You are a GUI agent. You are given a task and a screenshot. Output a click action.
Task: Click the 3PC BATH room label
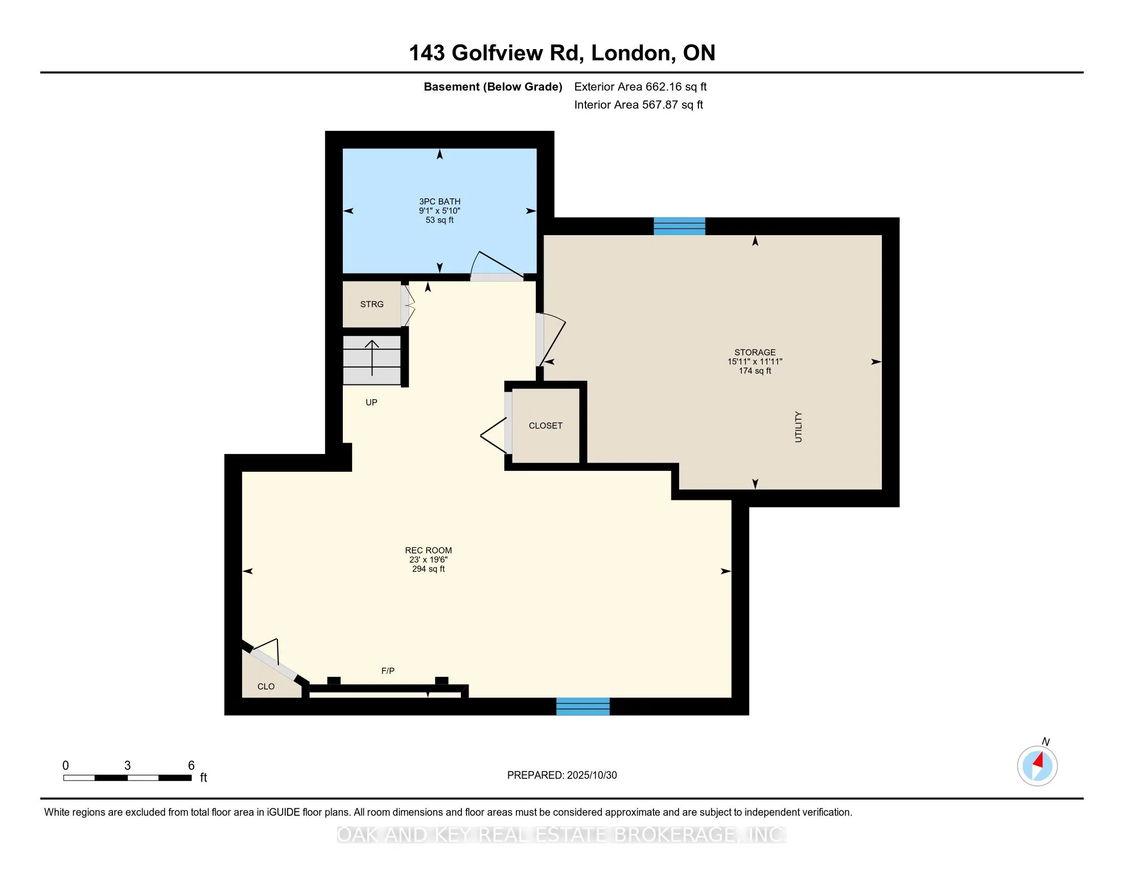click(439, 201)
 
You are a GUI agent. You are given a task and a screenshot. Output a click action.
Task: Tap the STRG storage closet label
click(371, 304)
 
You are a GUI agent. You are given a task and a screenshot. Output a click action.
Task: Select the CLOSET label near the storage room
click(546, 426)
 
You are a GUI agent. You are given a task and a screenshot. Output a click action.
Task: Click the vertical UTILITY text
click(798, 427)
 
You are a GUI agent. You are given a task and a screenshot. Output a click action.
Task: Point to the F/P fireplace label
click(388, 671)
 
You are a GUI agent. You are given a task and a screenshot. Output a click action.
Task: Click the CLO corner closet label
click(266, 687)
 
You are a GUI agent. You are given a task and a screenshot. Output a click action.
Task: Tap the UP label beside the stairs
click(371, 403)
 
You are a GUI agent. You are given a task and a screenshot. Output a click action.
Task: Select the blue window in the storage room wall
click(680, 226)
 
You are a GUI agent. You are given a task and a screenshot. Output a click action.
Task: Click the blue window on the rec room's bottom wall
click(582, 707)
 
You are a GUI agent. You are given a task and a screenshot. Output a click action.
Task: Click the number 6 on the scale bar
click(191, 766)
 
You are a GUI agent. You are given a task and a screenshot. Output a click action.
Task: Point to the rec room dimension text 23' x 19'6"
click(428, 560)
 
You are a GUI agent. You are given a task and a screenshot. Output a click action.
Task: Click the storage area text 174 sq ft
click(755, 371)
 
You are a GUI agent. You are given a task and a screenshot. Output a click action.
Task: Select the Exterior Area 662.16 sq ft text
click(640, 87)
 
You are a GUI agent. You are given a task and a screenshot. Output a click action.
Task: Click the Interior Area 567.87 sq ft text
click(638, 105)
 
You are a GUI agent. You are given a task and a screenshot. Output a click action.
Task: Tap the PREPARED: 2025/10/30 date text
click(561, 775)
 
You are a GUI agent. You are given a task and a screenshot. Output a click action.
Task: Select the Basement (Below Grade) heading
click(493, 87)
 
